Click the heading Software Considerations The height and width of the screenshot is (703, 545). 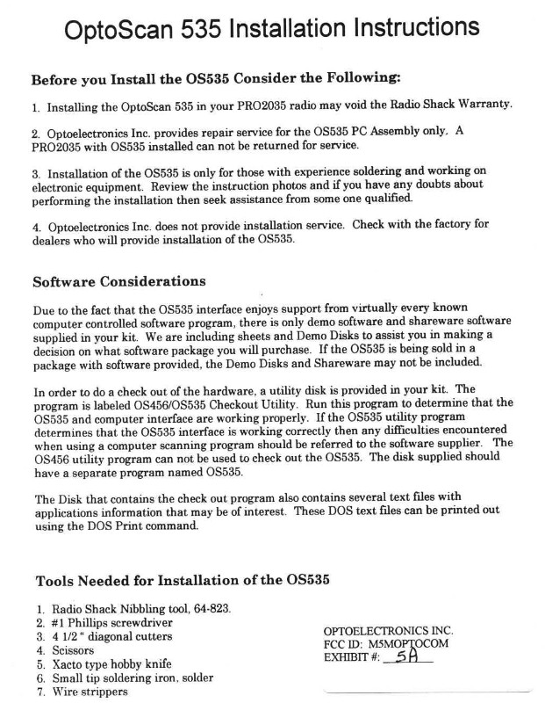pos(118,282)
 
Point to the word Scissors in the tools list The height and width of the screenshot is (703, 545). pos(73,650)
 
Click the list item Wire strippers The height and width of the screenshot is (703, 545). pos(90,692)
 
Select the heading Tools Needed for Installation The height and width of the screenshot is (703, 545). pos(183,581)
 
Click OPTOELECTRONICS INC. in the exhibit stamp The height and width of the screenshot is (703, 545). pos(388,631)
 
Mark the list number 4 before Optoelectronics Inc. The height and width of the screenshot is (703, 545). pos(35,225)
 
